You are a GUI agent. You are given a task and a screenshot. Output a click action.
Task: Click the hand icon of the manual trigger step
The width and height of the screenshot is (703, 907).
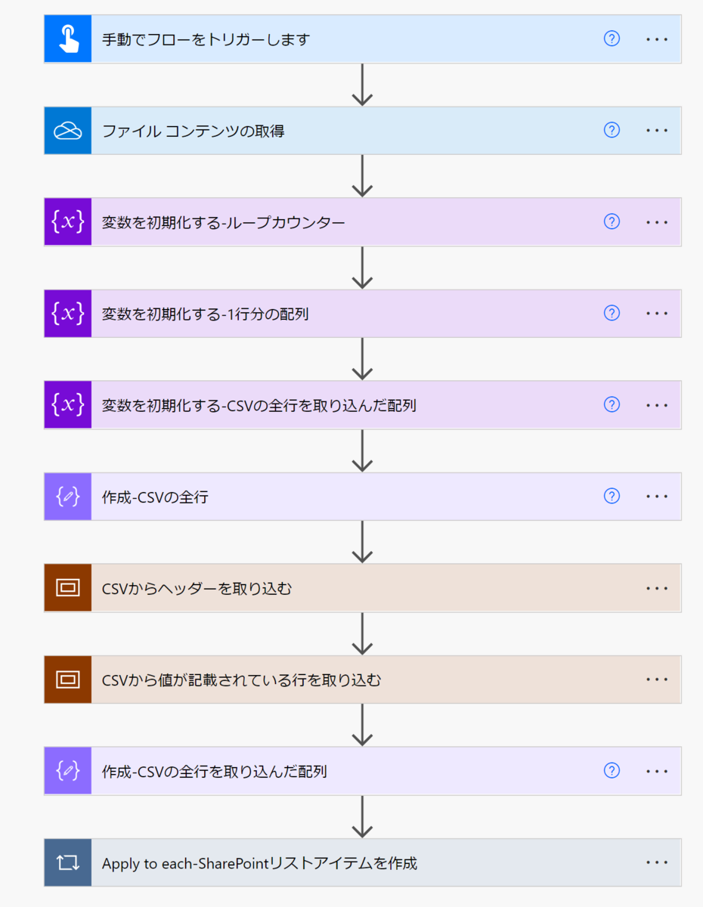pos(68,39)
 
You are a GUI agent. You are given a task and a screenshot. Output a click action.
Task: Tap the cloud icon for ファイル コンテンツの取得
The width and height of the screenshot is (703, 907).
pos(68,131)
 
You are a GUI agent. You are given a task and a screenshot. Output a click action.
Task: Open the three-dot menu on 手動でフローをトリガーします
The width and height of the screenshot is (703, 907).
pos(657,39)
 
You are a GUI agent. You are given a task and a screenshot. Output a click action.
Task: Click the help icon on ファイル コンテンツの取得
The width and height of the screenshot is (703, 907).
pos(612,130)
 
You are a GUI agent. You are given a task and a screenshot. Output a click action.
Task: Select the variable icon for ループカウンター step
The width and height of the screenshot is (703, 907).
pos(68,222)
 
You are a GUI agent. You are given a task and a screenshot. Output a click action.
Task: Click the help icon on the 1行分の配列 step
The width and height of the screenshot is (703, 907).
pos(612,313)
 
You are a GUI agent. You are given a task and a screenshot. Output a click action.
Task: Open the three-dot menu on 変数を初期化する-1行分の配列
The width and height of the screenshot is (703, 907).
pos(657,314)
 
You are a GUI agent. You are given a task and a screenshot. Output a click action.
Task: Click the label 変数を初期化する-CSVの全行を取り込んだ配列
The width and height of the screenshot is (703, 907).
pos(259,405)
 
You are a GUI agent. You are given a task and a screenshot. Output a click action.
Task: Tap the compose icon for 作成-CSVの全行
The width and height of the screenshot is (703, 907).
pos(68,497)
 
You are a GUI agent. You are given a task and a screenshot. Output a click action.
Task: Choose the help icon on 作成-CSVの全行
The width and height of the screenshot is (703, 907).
pos(612,496)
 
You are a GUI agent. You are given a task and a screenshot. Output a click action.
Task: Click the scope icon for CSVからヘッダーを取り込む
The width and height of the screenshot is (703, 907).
pos(68,588)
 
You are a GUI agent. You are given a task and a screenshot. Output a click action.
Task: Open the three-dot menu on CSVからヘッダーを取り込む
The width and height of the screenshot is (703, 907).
pos(657,588)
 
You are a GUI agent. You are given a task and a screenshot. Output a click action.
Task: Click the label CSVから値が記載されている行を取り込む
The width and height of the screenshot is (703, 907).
pos(241,679)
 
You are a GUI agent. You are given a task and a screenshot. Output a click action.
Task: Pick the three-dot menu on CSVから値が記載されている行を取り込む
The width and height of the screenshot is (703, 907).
pos(657,679)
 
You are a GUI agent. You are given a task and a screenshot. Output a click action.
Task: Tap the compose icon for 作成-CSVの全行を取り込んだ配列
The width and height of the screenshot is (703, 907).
pos(68,771)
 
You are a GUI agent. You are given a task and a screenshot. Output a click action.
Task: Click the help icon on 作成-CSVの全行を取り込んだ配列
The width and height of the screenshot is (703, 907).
pos(612,770)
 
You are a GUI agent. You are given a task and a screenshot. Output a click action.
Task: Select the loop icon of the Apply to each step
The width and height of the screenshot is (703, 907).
pos(68,862)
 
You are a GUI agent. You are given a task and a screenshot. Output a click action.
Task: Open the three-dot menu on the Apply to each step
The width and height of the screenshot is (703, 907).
pos(657,862)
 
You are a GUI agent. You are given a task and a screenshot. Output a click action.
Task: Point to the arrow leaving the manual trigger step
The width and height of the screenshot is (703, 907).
pos(363,85)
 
